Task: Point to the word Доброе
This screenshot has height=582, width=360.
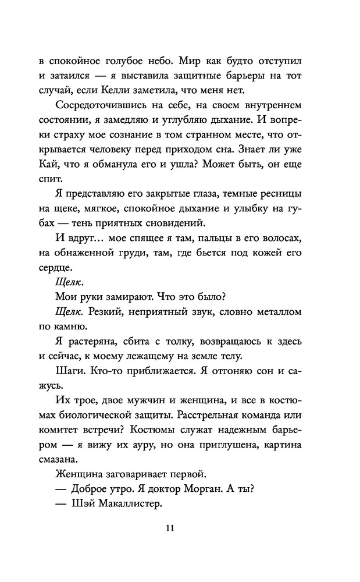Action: point(93,489)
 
